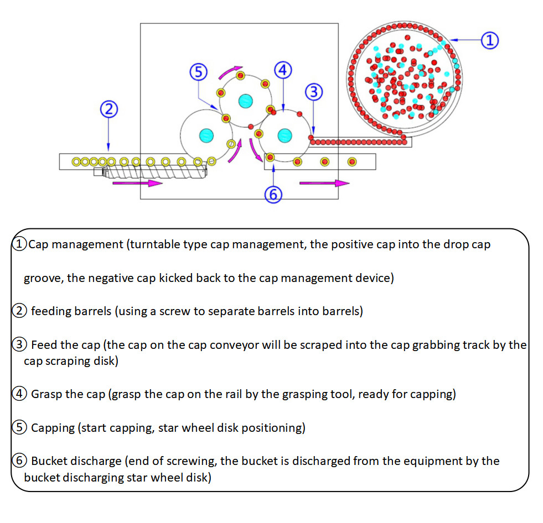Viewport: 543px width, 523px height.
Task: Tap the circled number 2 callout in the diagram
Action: pyautogui.click(x=108, y=109)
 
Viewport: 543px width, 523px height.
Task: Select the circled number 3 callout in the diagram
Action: pyautogui.click(x=314, y=92)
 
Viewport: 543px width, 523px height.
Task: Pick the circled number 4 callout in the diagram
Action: pyautogui.click(x=282, y=70)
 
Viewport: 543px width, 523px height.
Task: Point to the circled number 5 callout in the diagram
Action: pyautogui.click(x=198, y=72)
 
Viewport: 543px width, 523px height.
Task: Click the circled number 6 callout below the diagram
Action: pyautogui.click(x=273, y=194)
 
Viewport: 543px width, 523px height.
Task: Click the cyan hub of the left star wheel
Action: pyautogui.click(x=206, y=135)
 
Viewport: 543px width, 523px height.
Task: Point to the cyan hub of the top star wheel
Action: pyautogui.click(x=245, y=101)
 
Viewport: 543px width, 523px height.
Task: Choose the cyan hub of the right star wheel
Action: pyautogui.click(x=285, y=134)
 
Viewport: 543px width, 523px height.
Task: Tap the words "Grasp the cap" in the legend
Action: pyautogui.click(x=68, y=395)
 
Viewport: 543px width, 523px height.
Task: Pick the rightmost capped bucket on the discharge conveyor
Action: pyautogui.click(x=351, y=161)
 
